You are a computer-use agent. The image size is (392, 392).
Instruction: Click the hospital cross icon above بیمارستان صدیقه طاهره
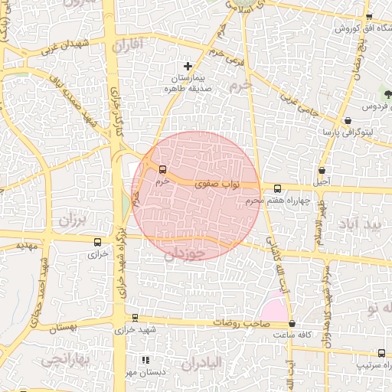[x=188, y=67]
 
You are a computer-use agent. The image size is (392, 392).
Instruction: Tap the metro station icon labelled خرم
[x=162, y=169]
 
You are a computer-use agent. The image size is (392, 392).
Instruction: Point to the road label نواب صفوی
[x=218, y=185]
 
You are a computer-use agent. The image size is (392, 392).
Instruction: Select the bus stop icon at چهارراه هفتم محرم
[x=277, y=188]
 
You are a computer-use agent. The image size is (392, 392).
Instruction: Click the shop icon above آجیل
[x=322, y=170]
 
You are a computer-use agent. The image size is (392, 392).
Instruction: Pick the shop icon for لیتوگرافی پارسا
[x=348, y=120]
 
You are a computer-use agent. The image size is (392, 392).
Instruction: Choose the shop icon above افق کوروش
[x=368, y=17]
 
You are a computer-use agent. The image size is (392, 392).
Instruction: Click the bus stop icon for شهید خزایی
[x=135, y=318]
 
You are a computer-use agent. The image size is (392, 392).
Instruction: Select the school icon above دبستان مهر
[x=146, y=360]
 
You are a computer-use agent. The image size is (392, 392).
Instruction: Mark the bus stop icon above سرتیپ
[x=381, y=353]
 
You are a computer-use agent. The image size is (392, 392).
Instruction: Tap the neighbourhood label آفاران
[x=127, y=46]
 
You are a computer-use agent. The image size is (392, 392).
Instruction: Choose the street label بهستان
[x=64, y=328]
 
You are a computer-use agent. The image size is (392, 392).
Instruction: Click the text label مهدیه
[x=27, y=247]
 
